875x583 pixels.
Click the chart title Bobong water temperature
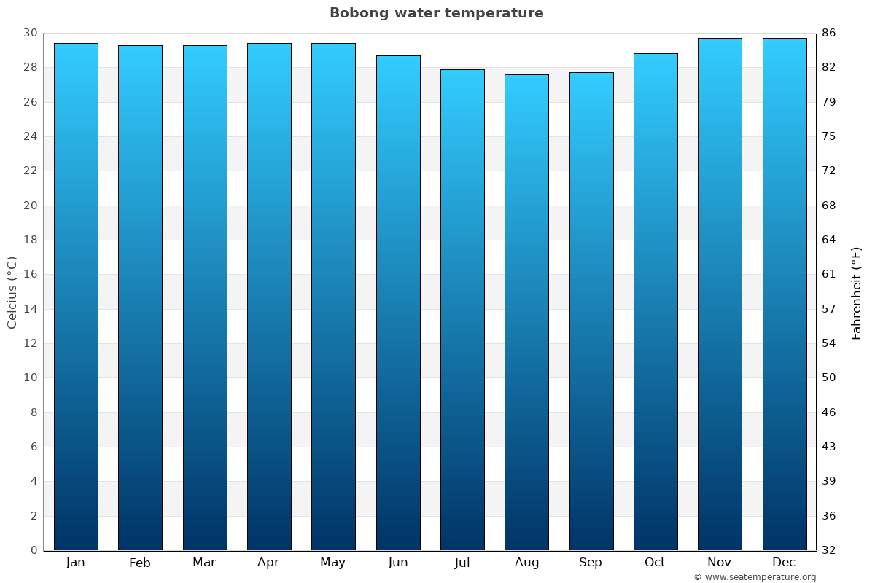click(436, 13)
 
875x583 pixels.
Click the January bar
click(76, 297)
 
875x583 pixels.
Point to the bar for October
click(656, 302)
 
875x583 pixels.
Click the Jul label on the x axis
click(462, 563)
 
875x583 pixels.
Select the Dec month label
click(784, 563)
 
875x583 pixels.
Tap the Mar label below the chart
click(204, 563)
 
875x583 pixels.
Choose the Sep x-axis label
click(591, 563)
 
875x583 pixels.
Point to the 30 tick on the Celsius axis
click(30, 33)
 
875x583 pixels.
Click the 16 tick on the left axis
click(30, 274)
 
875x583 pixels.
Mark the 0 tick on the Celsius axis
click(34, 550)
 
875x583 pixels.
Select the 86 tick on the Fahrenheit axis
click(829, 33)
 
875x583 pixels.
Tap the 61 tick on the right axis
click(829, 274)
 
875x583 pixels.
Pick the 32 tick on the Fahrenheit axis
click(829, 550)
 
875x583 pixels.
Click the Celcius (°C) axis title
click(12, 292)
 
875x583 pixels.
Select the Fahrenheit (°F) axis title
click(857, 292)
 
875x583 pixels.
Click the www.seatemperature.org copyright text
click(755, 577)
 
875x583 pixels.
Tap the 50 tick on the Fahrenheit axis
click(829, 377)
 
